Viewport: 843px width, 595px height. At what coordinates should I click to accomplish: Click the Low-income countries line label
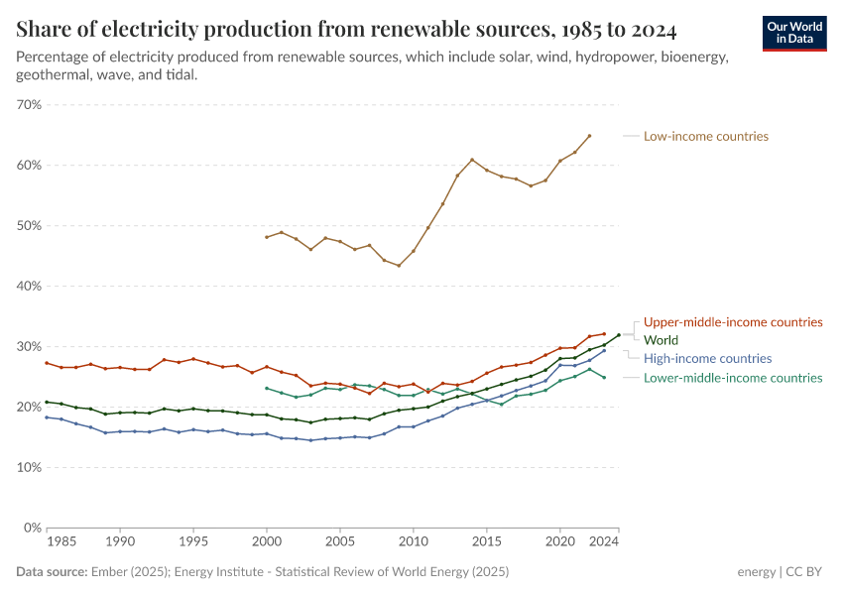[705, 136]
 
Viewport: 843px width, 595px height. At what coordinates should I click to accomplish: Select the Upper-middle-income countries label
[733, 322]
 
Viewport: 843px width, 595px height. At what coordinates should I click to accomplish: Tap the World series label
[661, 340]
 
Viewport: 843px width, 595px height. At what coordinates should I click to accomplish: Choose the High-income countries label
[707, 358]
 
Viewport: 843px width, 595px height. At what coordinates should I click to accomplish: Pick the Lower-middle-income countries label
[733, 378]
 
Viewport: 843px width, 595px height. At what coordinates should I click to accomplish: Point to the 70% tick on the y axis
[29, 104]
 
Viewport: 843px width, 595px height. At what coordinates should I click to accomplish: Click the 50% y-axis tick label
[29, 225]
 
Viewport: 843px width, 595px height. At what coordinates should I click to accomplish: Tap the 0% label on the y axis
[32, 528]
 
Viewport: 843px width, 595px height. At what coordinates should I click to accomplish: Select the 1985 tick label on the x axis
[60, 543]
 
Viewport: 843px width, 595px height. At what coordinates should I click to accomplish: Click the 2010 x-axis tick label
[413, 543]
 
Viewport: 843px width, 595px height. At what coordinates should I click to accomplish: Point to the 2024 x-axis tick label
[604, 543]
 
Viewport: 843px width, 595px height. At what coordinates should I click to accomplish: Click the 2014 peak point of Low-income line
[472, 160]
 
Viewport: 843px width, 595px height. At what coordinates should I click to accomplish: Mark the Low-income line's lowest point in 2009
[399, 266]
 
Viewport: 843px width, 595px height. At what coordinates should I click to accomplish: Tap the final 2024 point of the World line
[619, 335]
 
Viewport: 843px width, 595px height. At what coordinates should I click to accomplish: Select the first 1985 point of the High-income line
[47, 417]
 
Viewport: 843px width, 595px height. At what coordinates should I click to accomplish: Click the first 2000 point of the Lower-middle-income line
[267, 388]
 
